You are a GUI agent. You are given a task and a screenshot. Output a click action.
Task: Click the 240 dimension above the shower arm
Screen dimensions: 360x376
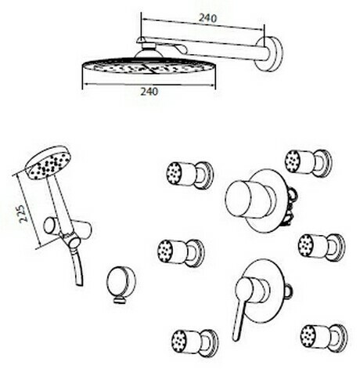[x=208, y=18]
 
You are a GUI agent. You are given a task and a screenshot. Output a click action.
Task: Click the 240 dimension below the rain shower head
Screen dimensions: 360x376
[x=149, y=92]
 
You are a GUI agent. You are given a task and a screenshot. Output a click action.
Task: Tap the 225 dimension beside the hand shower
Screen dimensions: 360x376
[x=23, y=214]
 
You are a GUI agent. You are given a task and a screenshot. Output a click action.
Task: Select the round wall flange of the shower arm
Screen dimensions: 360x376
[x=269, y=53]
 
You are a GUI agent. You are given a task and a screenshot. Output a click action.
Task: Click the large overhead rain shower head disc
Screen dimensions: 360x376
[x=149, y=68]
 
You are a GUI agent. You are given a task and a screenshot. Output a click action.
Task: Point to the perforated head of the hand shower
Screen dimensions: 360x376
[x=48, y=162]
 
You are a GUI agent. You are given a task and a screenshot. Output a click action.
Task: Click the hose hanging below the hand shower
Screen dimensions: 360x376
[x=77, y=266]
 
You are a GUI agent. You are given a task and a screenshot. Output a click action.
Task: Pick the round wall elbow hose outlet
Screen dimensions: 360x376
[x=121, y=284]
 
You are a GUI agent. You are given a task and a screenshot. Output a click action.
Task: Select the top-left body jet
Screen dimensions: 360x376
[x=189, y=175]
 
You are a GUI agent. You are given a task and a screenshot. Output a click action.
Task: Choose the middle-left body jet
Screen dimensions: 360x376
[x=181, y=253]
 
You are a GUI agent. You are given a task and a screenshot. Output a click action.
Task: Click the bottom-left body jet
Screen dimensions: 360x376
[x=195, y=343]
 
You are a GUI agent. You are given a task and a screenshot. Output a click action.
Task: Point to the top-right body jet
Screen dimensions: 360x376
[x=308, y=162]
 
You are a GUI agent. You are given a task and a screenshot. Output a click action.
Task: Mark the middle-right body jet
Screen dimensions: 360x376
[x=322, y=247]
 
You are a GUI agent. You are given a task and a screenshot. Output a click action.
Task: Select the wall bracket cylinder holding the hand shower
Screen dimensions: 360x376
[x=67, y=230]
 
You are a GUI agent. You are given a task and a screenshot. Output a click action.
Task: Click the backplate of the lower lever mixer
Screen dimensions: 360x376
[x=264, y=289]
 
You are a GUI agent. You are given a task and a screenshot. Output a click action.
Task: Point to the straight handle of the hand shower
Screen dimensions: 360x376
[x=59, y=203]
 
